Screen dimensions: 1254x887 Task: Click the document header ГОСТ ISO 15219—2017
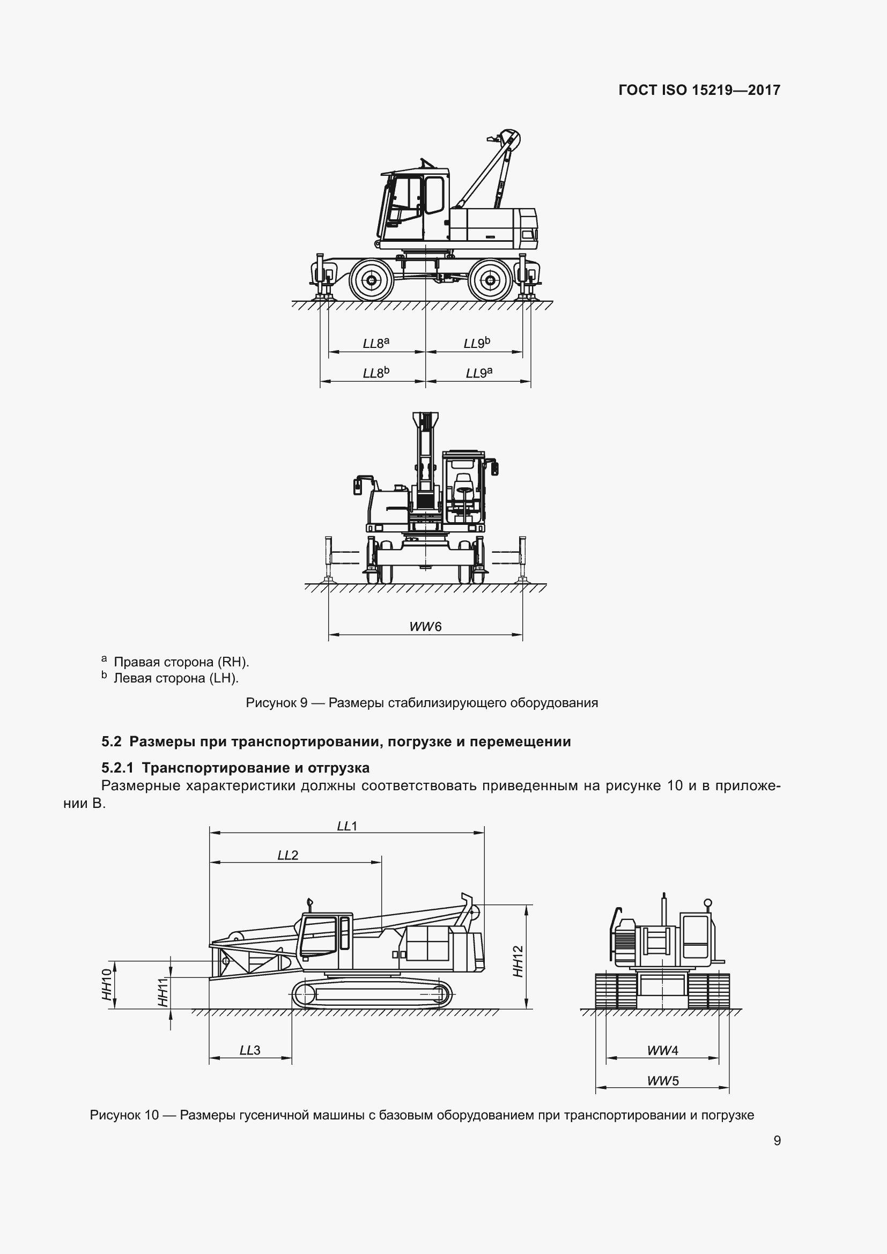tap(699, 90)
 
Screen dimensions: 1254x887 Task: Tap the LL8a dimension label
tap(376, 344)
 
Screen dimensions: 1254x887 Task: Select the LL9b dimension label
tap(477, 343)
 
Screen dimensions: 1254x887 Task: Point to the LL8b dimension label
tap(376, 373)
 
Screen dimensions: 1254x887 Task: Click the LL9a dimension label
tap(479, 373)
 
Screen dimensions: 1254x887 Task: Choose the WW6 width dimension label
tap(425, 626)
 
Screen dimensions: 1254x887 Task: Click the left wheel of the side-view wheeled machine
tap(372, 280)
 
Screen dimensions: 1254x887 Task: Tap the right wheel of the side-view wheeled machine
tap(490, 280)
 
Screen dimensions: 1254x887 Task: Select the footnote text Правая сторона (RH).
tap(181, 662)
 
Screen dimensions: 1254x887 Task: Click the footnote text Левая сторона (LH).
tap(176, 678)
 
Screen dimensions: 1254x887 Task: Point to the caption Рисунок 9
tap(276, 703)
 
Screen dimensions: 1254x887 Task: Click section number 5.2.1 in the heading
tap(117, 768)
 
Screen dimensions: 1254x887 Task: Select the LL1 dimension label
tap(347, 826)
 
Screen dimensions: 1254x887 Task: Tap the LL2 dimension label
tap(288, 855)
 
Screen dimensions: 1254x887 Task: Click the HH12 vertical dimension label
tap(519, 961)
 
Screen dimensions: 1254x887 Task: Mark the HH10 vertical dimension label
tap(107, 984)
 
